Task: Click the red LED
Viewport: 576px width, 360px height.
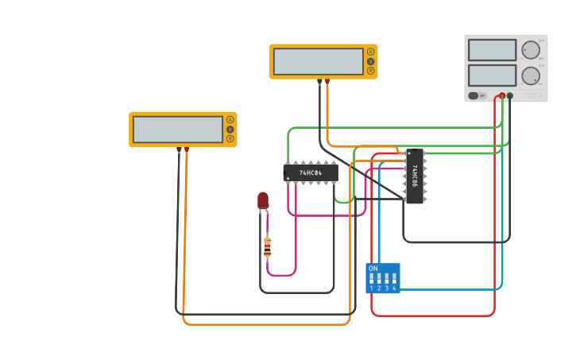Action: (x=263, y=200)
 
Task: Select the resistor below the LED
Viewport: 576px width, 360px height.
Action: (x=267, y=247)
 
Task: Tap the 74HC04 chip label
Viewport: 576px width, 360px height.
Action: (x=311, y=172)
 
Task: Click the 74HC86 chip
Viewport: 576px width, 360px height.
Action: (x=414, y=176)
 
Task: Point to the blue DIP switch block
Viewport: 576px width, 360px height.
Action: (x=382, y=278)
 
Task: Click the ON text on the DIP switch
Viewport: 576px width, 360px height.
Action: (x=373, y=269)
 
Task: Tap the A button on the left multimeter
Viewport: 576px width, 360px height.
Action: (x=230, y=120)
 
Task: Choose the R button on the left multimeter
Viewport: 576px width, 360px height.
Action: (x=230, y=139)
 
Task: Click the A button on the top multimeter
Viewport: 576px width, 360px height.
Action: (x=370, y=52)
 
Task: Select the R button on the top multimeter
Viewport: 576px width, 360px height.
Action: (x=370, y=71)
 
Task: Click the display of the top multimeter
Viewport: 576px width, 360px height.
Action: (x=318, y=61)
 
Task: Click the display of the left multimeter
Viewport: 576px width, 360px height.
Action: (x=178, y=130)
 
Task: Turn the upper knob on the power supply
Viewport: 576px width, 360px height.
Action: (x=530, y=50)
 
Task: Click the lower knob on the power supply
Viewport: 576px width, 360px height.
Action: (x=530, y=76)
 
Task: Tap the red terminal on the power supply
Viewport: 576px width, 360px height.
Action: (x=502, y=95)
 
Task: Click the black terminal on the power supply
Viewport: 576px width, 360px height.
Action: (x=510, y=95)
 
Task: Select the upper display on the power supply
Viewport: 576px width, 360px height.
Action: (x=492, y=49)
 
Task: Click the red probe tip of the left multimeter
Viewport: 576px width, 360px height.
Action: (x=187, y=149)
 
